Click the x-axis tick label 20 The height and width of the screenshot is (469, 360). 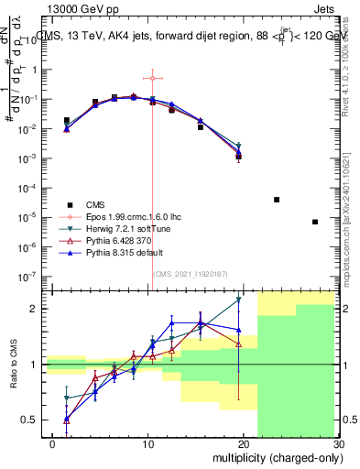tap(244, 444)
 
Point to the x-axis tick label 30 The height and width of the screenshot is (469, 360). tap(337, 444)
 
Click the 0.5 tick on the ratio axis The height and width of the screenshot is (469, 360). tap(31, 420)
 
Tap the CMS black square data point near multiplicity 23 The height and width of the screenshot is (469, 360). tap(277, 199)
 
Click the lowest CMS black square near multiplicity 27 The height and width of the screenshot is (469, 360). tap(315, 222)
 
